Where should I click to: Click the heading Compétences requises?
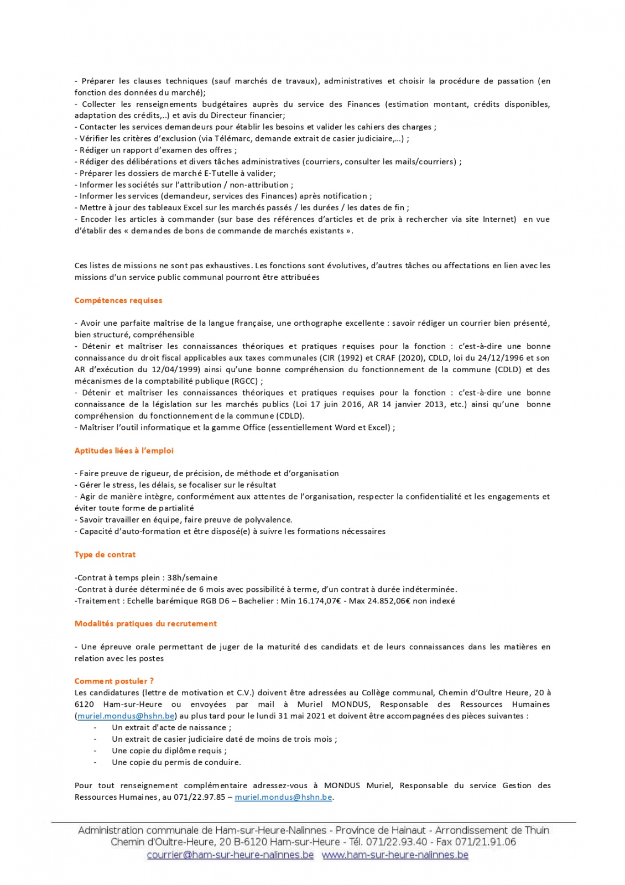click(x=118, y=300)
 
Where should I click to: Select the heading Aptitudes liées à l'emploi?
click(x=124, y=451)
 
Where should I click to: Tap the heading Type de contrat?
click(x=105, y=555)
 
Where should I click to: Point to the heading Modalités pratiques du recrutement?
click(x=145, y=624)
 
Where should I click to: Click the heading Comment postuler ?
click(x=114, y=681)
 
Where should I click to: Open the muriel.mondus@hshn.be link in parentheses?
click(x=126, y=716)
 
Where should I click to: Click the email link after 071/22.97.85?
click(x=283, y=798)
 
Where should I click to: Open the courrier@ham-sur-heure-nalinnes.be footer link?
click(x=230, y=855)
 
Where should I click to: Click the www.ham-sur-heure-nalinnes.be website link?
click(x=395, y=855)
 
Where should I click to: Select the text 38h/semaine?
click(x=192, y=578)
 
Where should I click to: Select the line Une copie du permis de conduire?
click(x=176, y=763)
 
